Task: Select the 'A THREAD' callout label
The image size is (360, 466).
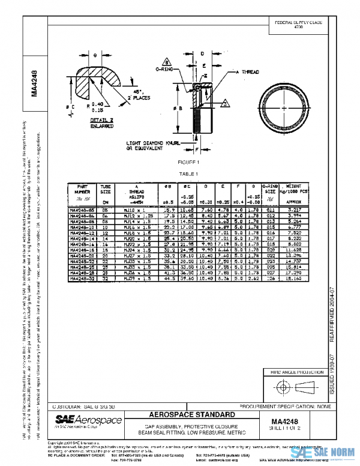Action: [x=248, y=71]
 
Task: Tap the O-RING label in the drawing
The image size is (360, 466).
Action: [x=164, y=70]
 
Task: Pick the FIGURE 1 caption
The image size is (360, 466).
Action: [x=188, y=162]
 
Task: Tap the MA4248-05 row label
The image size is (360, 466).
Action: [x=82, y=210]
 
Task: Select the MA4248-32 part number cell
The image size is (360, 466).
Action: [x=82, y=279]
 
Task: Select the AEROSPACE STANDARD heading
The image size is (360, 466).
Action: [x=189, y=415]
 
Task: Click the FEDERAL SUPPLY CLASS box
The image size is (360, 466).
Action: [x=298, y=25]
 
